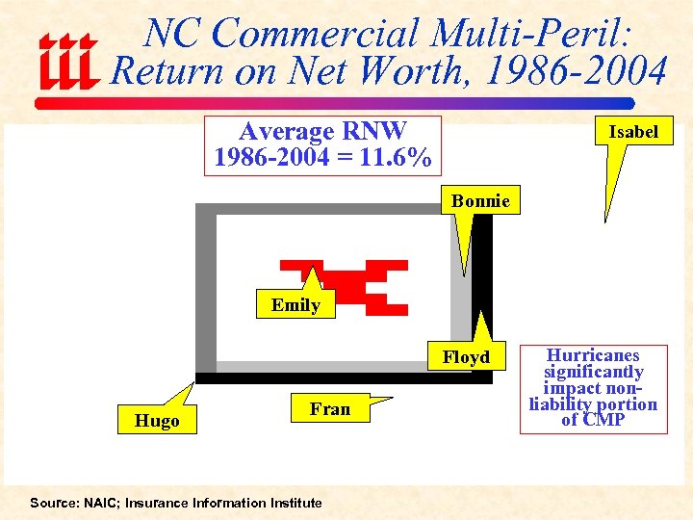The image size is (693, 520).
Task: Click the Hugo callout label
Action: (x=158, y=421)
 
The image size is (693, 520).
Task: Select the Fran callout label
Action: (x=330, y=409)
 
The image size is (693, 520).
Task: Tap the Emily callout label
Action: (x=295, y=305)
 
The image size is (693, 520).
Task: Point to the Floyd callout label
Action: (x=467, y=357)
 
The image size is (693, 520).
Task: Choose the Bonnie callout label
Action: (x=480, y=200)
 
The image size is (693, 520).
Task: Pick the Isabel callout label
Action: (x=633, y=132)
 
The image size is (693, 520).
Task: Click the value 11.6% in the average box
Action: (x=394, y=157)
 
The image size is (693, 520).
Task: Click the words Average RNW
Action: (x=322, y=131)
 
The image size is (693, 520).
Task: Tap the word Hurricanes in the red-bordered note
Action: (x=593, y=355)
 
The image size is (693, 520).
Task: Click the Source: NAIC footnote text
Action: (x=175, y=503)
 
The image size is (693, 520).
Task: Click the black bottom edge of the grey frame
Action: (x=344, y=378)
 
